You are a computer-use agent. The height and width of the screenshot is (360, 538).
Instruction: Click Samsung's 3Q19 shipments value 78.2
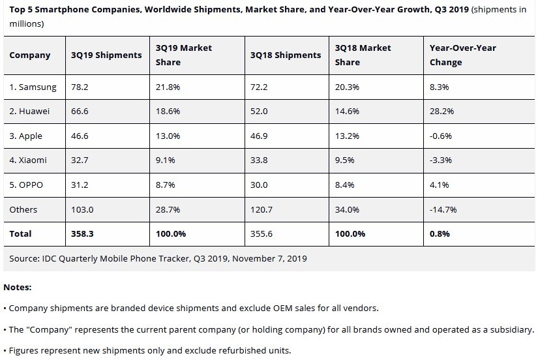click(x=80, y=87)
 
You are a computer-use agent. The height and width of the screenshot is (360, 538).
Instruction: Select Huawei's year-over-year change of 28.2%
click(x=441, y=112)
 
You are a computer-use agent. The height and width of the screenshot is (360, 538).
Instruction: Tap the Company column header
click(x=30, y=55)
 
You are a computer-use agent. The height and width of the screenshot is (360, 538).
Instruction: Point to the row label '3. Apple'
click(x=26, y=136)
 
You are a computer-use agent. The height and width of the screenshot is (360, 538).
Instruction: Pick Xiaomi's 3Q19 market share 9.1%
click(x=167, y=160)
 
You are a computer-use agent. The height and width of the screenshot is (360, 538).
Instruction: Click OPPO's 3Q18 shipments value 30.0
click(x=259, y=185)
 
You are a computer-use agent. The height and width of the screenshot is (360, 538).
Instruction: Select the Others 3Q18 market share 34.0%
click(x=346, y=209)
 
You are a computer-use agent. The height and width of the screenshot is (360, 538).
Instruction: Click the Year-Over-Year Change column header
click(x=462, y=55)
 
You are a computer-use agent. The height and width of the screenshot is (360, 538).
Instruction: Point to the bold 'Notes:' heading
click(x=17, y=287)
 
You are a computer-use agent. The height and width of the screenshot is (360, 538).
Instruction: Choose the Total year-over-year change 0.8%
click(x=440, y=233)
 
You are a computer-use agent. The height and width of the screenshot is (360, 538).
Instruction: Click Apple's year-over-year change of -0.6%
click(x=441, y=136)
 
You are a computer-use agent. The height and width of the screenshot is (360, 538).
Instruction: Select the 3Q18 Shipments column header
click(x=285, y=55)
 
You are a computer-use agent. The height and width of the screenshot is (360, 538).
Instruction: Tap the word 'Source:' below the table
click(x=25, y=258)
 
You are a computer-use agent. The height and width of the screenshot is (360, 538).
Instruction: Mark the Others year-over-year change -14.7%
click(x=443, y=209)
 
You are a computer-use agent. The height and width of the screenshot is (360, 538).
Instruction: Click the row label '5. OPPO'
click(x=26, y=185)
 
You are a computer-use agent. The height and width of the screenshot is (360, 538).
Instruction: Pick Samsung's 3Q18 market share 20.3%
click(x=346, y=87)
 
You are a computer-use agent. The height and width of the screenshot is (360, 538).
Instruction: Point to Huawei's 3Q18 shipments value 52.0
click(x=259, y=112)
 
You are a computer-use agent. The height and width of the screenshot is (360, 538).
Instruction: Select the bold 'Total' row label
click(x=20, y=233)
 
